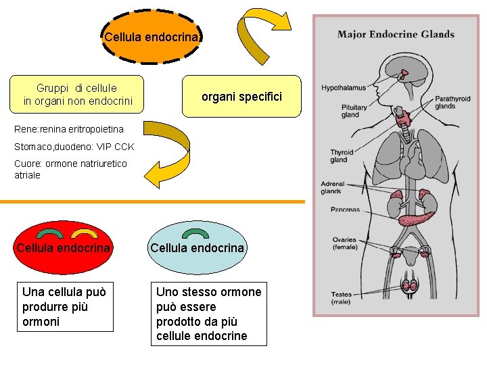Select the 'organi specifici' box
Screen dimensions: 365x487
tap(241, 97)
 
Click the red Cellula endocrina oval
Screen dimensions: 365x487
tap(64, 248)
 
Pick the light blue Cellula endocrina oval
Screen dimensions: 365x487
tap(197, 248)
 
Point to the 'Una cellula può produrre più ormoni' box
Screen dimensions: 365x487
tap(65, 307)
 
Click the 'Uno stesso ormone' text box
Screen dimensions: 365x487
tap(208, 314)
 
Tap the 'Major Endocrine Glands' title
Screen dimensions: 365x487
tap(396, 34)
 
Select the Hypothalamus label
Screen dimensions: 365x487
tap(343, 88)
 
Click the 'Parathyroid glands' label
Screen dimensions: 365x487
tap(453, 102)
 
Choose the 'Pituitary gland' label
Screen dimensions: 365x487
tap(354, 111)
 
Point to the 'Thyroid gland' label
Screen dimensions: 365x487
tap(342, 156)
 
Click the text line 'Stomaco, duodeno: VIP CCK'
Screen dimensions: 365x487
tap(74, 147)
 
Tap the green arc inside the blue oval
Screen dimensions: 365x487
tap(196, 234)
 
